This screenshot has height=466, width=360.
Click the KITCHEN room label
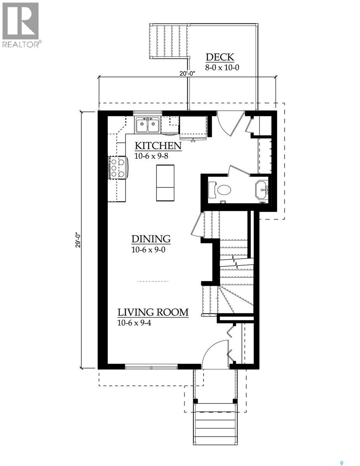click(158, 146)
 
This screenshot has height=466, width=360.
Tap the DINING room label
click(151, 239)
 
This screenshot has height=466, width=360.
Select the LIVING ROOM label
click(153, 312)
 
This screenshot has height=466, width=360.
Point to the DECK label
click(220, 57)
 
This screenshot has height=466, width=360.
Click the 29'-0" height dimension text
click(79, 240)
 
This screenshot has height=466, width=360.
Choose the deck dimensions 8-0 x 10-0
click(222, 67)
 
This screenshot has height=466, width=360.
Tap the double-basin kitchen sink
click(148, 125)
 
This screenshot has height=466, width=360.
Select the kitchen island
click(165, 183)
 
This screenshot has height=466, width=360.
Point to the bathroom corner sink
click(262, 190)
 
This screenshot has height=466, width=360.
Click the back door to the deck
click(230, 123)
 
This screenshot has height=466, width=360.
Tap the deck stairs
click(169, 41)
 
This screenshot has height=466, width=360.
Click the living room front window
click(151, 366)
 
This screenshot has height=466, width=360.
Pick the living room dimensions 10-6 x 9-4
click(134, 322)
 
